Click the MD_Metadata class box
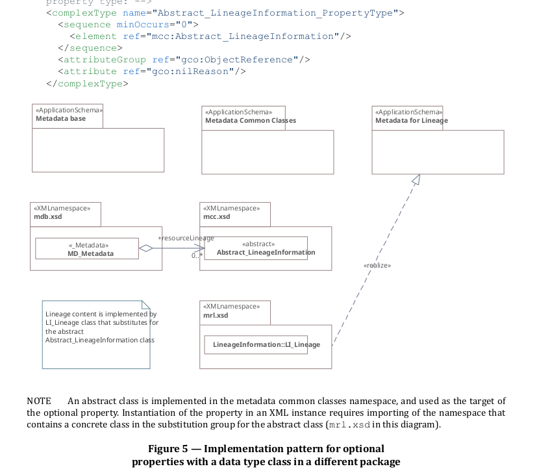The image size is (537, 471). pyautogui.click(x=86, y=249)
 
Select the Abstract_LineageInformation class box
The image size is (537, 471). pyautogui.click(x=256, y=248)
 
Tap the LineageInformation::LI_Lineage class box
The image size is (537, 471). pyautogui.click(x=266, y=344)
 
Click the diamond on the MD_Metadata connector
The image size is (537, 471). pyautogui.click(x=146, y=248)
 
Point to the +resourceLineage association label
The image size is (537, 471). pyautogui.click(x=186, y=238)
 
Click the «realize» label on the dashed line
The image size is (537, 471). pyautogui.click(x=377, y=265)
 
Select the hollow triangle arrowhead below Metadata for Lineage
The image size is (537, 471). pyautogui.click(x=416, y=179)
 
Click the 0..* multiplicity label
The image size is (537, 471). pyautogui.click(x=197, y=256)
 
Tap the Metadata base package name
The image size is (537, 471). pyautogui.click(x=60, y=119)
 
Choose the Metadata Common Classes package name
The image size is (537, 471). pyautogui.click(x=251, y=121)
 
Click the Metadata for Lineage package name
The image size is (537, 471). pyautogui.click(x=411, y=121)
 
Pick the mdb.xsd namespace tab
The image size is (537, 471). pyautogui.click(x=48, y=216)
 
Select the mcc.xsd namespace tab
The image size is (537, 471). pyautogui.click(x=217, y=216)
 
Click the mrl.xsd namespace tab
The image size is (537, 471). pyautogui.click(x=216, y=315)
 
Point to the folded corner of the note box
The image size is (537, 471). pyautogui.click(x=145, y=305)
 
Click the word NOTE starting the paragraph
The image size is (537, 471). pyautogui.click(x=39, y=401)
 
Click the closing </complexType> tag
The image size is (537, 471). pyautogui.click(x=87, y=83)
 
